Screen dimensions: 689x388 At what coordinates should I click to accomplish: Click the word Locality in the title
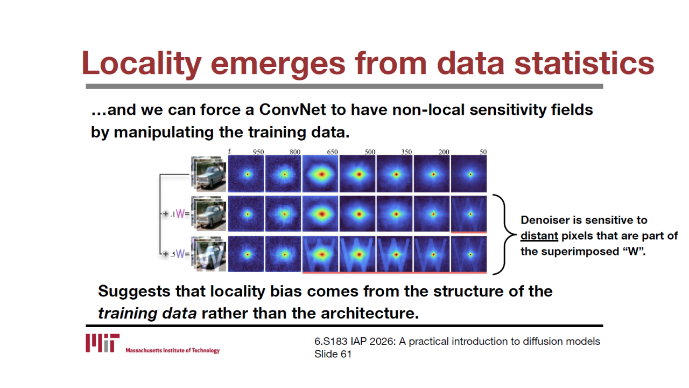[x=141, y=63]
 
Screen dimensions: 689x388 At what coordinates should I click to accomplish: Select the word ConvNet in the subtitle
[x=292, y=109]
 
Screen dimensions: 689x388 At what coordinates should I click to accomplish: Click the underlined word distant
[x=539, y=236]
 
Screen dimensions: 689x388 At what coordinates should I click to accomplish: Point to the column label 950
[x=258, y=152]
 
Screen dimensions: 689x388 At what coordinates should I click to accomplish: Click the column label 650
[x=332, y=152]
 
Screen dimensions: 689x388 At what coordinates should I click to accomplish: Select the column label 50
[x=483, y=152]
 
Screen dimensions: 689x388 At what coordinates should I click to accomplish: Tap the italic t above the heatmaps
[x=229, y=151]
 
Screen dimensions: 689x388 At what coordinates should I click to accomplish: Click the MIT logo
[x=102, y=343]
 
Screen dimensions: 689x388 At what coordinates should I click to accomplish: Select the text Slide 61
[x=333, y=354]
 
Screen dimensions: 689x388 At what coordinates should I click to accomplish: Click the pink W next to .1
[x=180, y=213]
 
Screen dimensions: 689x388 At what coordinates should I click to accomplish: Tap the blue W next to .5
[x=180, y=254]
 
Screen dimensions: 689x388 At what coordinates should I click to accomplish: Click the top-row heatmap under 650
[x=320, y=174]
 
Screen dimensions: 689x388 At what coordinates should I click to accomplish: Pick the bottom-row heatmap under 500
[x=357, y=254]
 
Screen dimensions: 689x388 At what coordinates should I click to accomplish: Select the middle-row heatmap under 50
[x=469, y=214]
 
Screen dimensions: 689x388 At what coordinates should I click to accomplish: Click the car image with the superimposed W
[x=208, y=254]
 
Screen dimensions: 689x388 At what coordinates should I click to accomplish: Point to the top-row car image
[x=208, y=174]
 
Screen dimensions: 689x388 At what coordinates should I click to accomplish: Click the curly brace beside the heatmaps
[x=504, y=234]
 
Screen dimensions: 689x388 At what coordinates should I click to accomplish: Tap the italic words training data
[x=147, y=314]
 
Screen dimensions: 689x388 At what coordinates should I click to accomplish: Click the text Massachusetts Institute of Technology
[x=173, y=350]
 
